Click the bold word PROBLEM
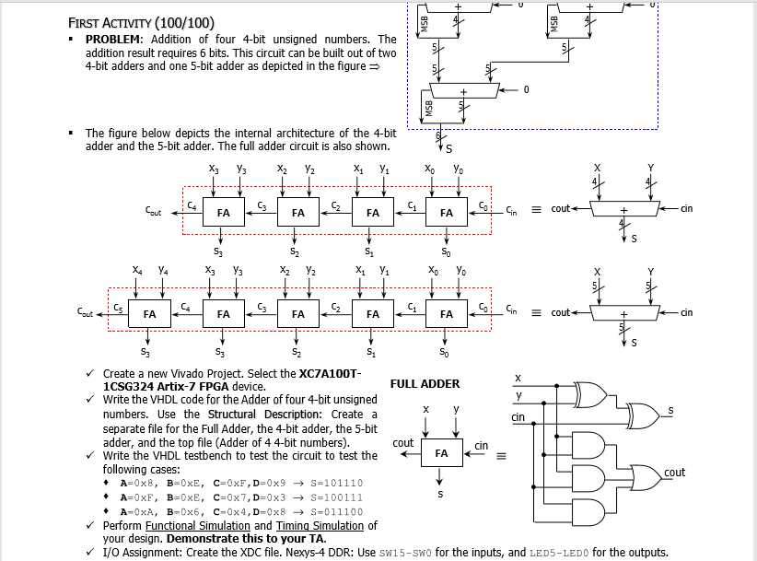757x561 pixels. (113, 40)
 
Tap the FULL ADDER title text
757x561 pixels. (425, 384)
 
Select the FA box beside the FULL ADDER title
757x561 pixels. (441, 453)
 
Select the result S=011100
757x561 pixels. (336, 511)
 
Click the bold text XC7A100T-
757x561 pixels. (330, 372)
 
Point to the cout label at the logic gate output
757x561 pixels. (675, 473)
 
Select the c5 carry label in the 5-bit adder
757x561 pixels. (117, 306)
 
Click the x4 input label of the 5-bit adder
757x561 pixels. (137, 271)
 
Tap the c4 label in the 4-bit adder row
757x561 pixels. (191, 204)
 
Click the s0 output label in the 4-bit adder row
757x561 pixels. (446, 251)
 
